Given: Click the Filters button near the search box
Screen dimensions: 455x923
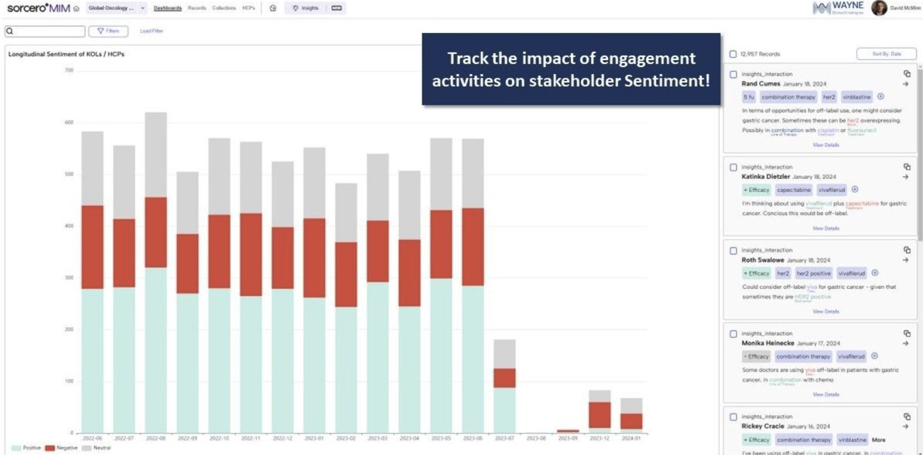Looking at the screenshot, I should point(108,31).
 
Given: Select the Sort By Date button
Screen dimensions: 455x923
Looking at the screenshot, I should point(886,54).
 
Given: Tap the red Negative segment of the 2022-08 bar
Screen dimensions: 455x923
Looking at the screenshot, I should point(156,232).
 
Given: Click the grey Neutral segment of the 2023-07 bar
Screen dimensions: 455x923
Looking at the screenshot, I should point(504,354).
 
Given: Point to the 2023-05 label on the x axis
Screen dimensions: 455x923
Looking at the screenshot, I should point(441,438).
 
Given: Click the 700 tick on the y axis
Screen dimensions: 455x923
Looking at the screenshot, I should point(69,70).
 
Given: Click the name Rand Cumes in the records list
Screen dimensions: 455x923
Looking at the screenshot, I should point(761,83).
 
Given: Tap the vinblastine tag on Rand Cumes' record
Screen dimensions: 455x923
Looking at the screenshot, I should point(857,97).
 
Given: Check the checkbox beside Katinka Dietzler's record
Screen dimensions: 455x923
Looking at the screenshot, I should point(733,167).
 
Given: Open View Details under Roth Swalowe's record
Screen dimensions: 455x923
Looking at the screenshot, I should point(826,312).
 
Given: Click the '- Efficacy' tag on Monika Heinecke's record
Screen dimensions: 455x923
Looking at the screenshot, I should point(756,356).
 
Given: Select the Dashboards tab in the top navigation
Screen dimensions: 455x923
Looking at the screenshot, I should point(168,8).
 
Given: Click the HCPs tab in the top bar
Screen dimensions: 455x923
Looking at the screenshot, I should point(248,8).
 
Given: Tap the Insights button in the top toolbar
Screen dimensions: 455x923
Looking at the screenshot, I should point(305,8).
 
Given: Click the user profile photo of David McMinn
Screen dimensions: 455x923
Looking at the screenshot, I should point(879,8).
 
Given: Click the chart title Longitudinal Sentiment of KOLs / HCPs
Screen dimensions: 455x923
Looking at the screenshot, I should point(66,54).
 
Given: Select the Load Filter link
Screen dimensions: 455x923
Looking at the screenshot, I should point(151,31).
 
